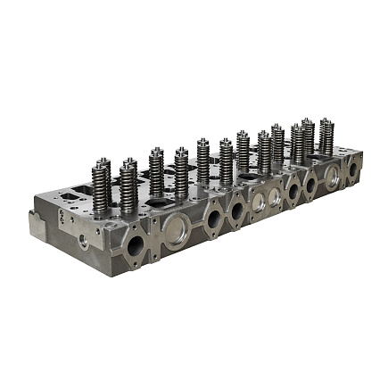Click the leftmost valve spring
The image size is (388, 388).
101,189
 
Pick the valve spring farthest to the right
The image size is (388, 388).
326,137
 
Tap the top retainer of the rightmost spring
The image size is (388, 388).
326,120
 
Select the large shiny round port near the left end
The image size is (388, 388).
175,229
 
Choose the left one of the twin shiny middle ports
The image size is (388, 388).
257,202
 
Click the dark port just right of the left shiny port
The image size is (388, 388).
214,218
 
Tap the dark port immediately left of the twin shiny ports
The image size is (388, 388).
237,210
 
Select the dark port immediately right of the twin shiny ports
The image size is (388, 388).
294,189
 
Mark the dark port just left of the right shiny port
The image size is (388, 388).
311,184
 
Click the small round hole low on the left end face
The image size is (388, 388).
84,240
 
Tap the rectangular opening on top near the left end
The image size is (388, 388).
80,190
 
